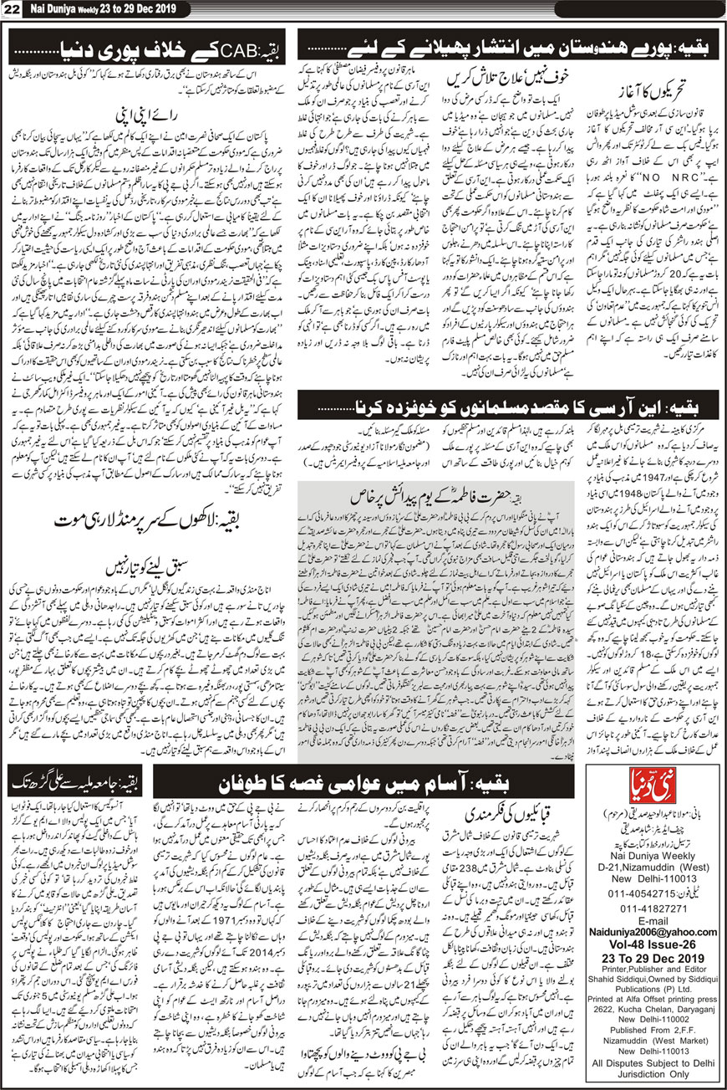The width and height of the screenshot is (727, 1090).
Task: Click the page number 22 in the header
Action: click(x=13, y=10)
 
